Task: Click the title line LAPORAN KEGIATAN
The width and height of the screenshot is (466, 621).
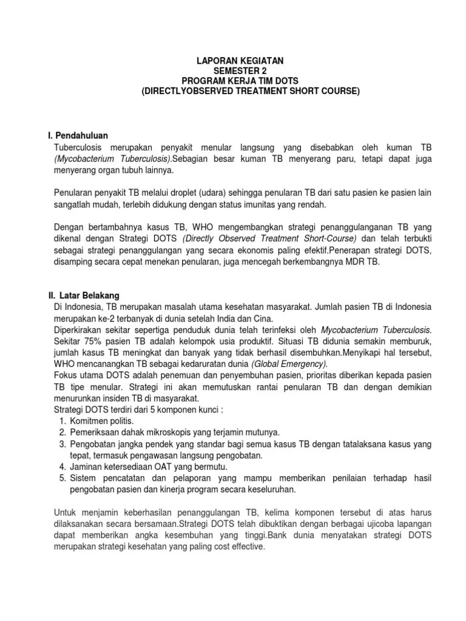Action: pyautogui.click(x=233, y=61)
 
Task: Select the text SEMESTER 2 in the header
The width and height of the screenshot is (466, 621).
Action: pyautogui.click(x=233, y=70)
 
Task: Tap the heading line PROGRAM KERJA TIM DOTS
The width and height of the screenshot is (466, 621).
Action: pyautogui.click(x=233, y=81)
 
